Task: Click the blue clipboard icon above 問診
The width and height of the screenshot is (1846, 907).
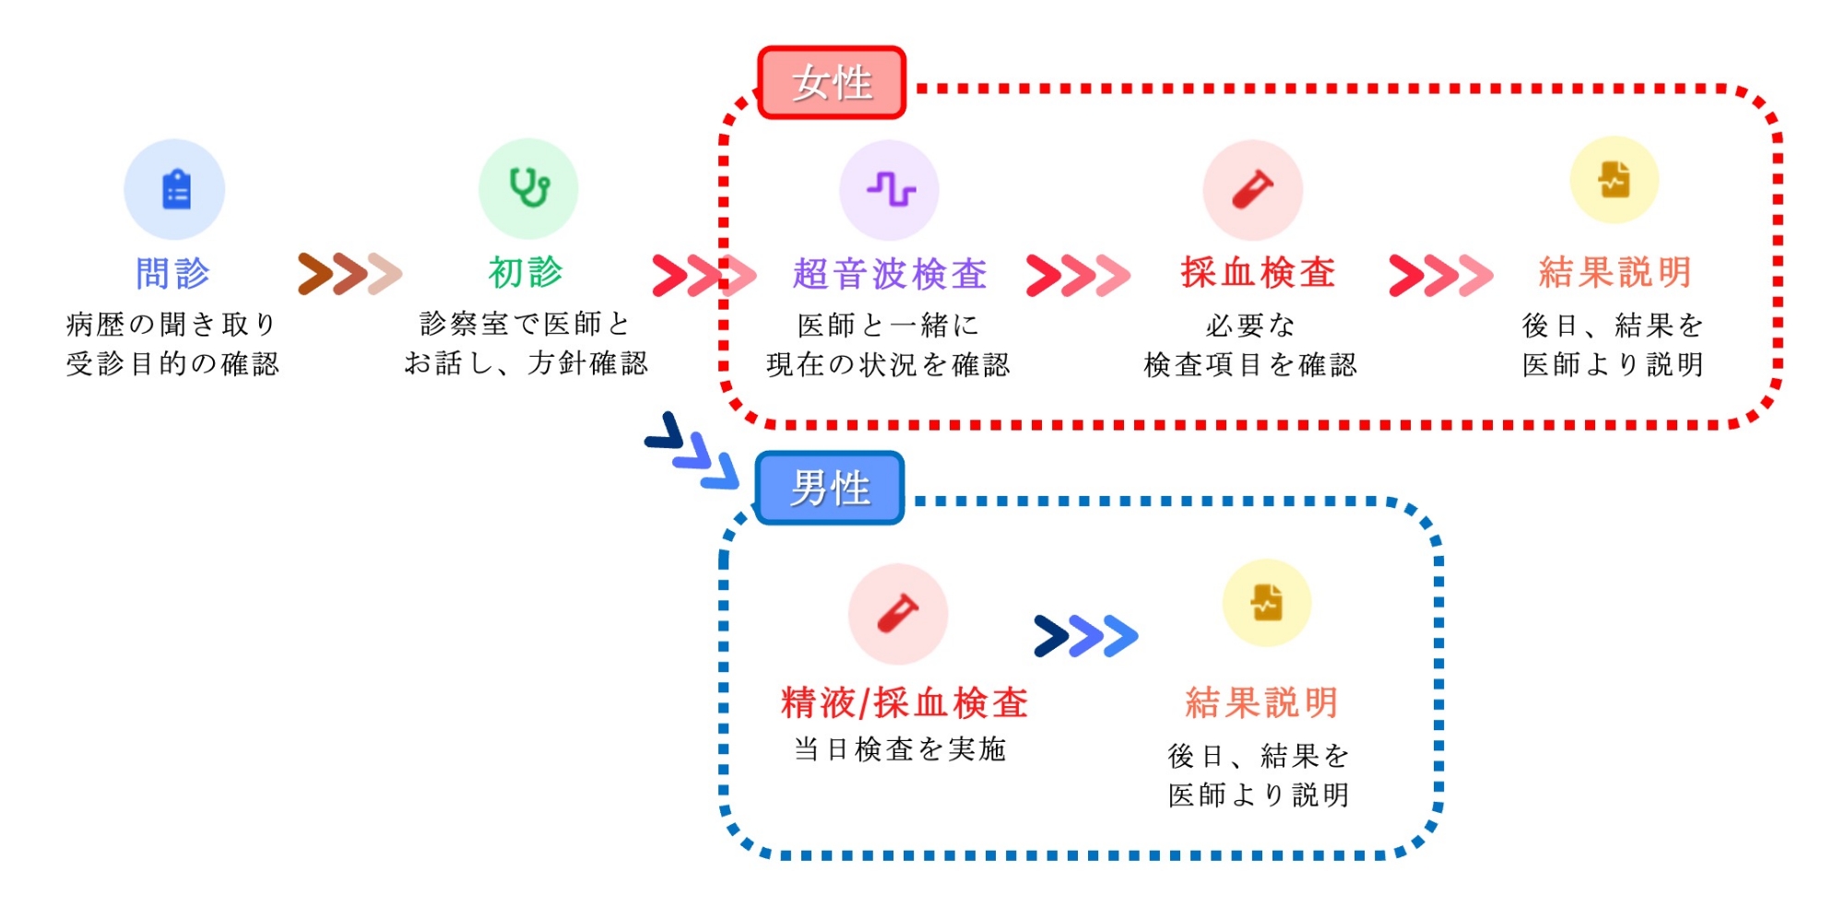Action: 175,190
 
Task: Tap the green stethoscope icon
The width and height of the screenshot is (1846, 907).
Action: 528,188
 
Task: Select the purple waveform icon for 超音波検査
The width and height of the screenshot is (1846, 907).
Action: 890,190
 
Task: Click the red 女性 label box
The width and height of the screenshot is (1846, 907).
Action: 832,83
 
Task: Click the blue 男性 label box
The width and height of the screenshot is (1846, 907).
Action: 830,488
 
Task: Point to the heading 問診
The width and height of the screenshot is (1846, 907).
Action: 172,274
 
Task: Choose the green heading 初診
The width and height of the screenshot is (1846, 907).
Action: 526,273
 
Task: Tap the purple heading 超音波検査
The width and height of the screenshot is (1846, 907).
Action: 890,274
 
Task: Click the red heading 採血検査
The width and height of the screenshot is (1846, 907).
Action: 1259,273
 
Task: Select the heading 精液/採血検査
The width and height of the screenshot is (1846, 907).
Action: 904,703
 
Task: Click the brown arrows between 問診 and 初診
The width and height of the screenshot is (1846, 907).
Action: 349,274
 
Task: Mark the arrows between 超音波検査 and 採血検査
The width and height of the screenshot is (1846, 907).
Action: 1078,275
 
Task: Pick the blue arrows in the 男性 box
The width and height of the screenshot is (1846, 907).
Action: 1086,636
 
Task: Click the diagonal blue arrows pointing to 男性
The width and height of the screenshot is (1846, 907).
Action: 692,451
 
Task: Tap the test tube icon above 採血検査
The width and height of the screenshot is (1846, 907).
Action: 1253,190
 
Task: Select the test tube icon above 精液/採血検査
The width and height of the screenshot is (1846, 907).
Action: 898,613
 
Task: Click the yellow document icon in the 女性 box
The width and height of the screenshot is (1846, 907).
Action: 1615,181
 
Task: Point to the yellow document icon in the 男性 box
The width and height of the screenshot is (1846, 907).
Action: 1267,604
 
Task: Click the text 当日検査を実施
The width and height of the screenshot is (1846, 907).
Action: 900,749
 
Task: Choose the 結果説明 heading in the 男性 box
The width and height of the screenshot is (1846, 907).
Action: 1261,703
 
